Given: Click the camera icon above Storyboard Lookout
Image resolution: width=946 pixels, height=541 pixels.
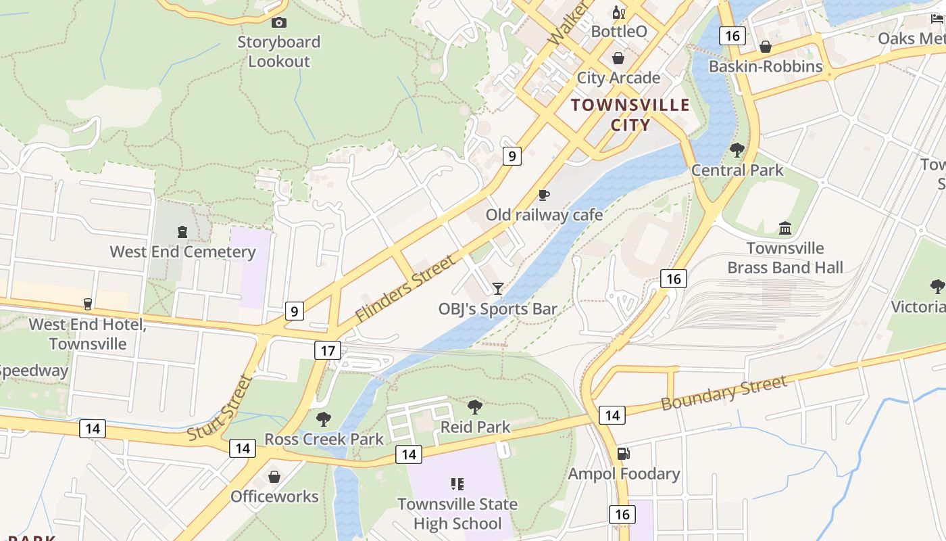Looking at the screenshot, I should pos(278,23).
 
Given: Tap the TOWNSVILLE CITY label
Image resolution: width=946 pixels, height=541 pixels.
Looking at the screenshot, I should pos(630,115).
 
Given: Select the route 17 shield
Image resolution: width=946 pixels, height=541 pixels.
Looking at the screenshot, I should pos(328,350).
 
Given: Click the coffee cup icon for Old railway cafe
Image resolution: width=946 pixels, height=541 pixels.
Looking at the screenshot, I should pos(544,195).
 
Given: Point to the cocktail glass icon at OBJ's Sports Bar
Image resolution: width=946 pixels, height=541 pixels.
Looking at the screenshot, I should pos(498,289).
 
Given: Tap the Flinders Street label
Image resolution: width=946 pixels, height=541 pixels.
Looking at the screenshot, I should pos(405,289).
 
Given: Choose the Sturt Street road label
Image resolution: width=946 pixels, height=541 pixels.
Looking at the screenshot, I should pos(220,408).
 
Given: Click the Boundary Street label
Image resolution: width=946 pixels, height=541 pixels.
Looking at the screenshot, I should pos(724,393).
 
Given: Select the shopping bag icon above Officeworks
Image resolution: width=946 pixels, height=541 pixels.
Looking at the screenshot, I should pos(274,477).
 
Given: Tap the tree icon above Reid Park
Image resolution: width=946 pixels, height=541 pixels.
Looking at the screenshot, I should pos(475,406).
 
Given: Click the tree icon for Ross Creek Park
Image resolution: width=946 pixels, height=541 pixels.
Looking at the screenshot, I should pos(324,419).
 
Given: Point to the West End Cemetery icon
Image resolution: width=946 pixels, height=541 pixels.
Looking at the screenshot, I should pos(182,232).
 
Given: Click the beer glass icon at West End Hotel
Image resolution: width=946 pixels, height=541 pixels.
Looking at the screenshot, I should pos(87,304).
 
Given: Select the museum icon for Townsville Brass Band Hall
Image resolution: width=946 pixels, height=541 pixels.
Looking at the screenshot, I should pos(785,228).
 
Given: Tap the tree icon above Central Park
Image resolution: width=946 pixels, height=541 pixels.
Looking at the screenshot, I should pos(737,149).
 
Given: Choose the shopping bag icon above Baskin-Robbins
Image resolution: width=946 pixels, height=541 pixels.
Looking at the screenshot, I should pos(766,47).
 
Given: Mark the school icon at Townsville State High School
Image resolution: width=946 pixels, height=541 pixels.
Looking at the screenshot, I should pos(457,484).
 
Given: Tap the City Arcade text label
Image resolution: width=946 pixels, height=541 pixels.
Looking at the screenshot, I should pos(618,78).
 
